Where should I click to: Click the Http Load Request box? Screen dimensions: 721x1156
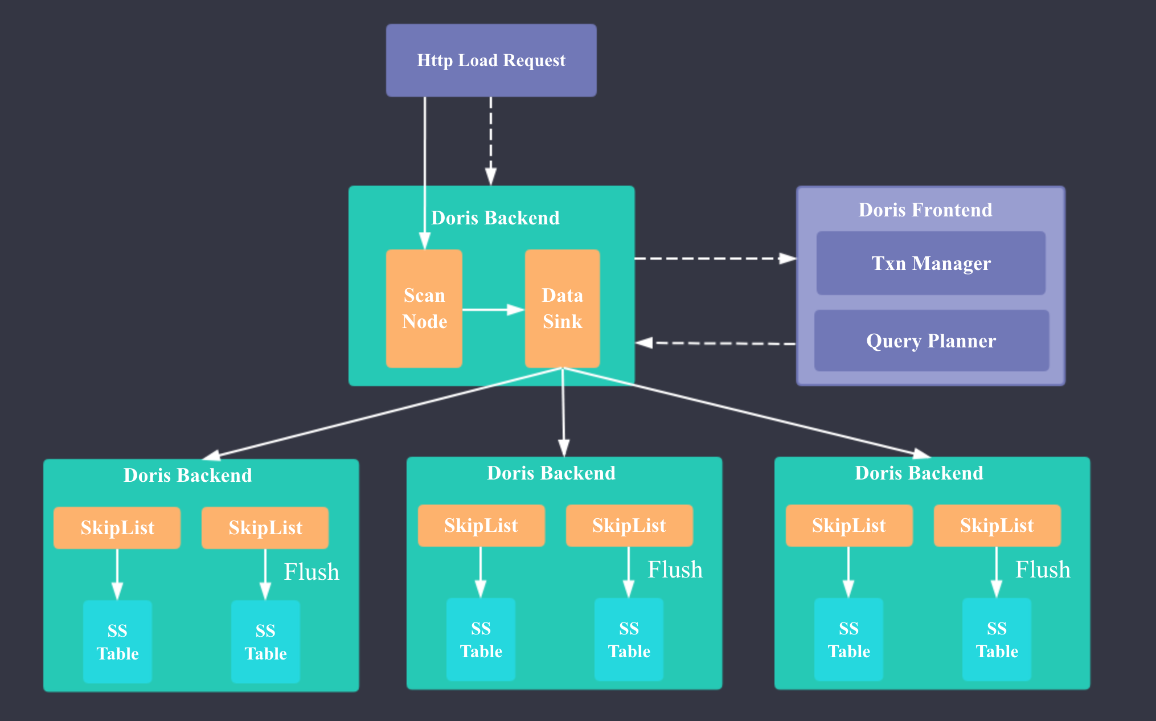coord(491,60)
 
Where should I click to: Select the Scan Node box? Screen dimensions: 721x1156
coord(424,308)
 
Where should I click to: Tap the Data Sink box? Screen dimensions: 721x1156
coord(562,308)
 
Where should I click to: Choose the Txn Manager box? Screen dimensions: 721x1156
coord(930,263)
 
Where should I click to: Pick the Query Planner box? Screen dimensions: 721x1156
coord(931,341)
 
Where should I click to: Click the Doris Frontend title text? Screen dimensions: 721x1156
coord(925,210)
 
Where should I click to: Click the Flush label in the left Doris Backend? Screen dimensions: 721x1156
coord(311,572)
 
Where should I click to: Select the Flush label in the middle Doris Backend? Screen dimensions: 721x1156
coord(675,570)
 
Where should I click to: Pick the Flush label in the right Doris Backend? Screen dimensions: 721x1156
coord(1043,570)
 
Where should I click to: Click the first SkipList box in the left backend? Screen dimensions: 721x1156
coord(117,528)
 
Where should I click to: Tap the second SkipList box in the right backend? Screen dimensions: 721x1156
coord(997,526)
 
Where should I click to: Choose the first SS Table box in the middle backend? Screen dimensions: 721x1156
coord(481,639)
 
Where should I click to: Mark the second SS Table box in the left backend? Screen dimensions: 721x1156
coord(265,641)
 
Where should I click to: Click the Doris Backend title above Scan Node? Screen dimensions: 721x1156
coord(495,218)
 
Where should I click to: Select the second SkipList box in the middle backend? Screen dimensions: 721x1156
coord(629,526)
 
